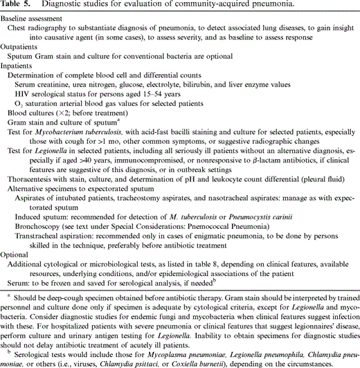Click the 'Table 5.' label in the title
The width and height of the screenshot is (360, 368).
coord(16,6)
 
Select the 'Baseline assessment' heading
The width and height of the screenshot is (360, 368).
coord(33,19)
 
